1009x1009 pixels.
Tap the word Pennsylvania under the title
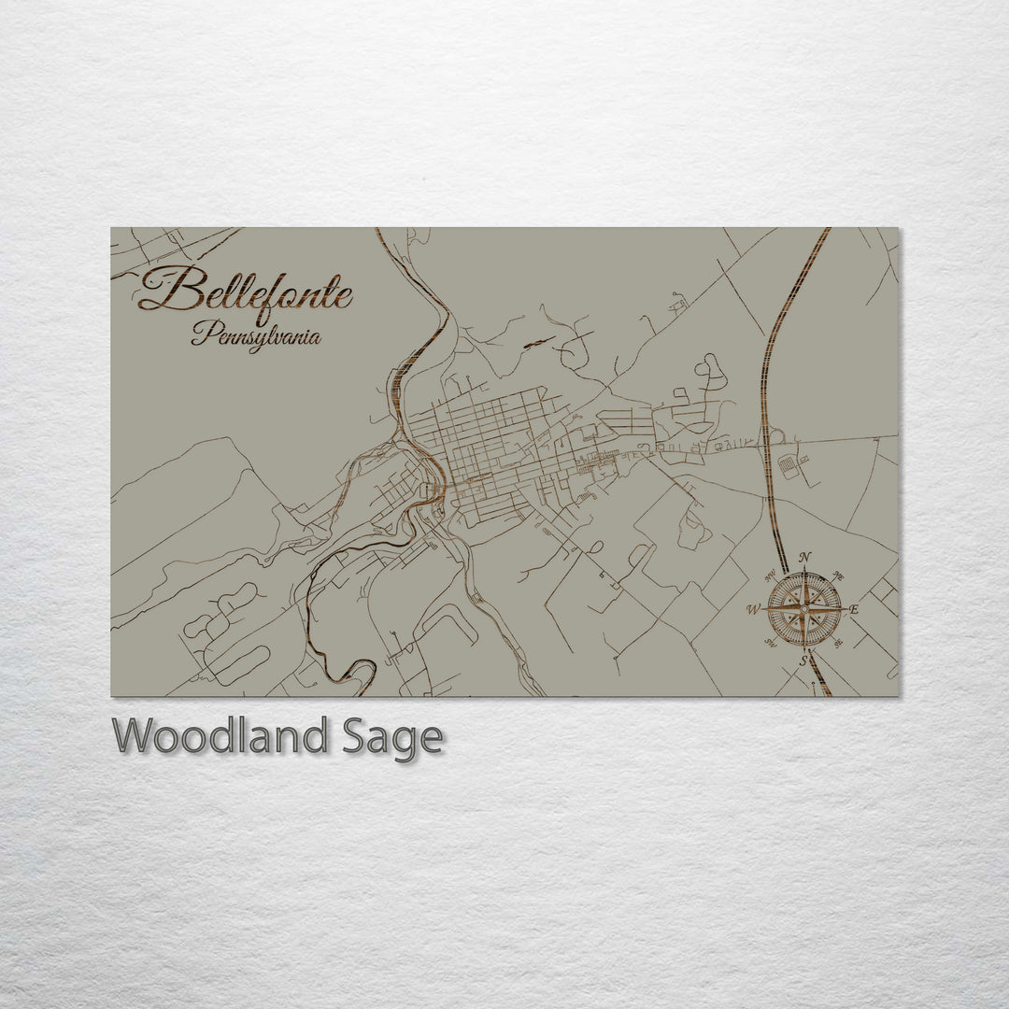[x=256, y=334]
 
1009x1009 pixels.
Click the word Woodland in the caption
[x=220, y=737]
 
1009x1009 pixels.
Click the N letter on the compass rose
[x=805, y=557]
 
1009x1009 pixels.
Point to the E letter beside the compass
[x=854, y=609]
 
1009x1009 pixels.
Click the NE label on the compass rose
[x=838, y=576]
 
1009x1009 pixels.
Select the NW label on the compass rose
[x=771, y=576]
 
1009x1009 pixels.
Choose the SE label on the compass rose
[x=838, y=643]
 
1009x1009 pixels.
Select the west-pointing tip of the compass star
[x=762, y=609]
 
